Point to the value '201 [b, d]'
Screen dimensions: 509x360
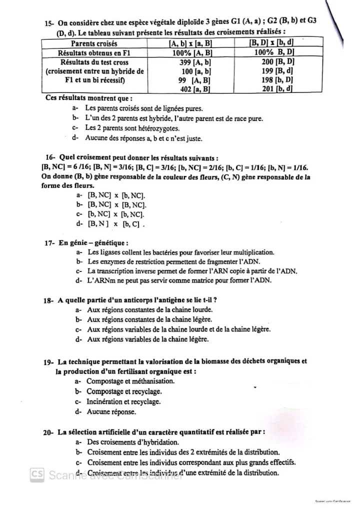pos(277,89)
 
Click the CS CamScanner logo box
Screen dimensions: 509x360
pos(36,473)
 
